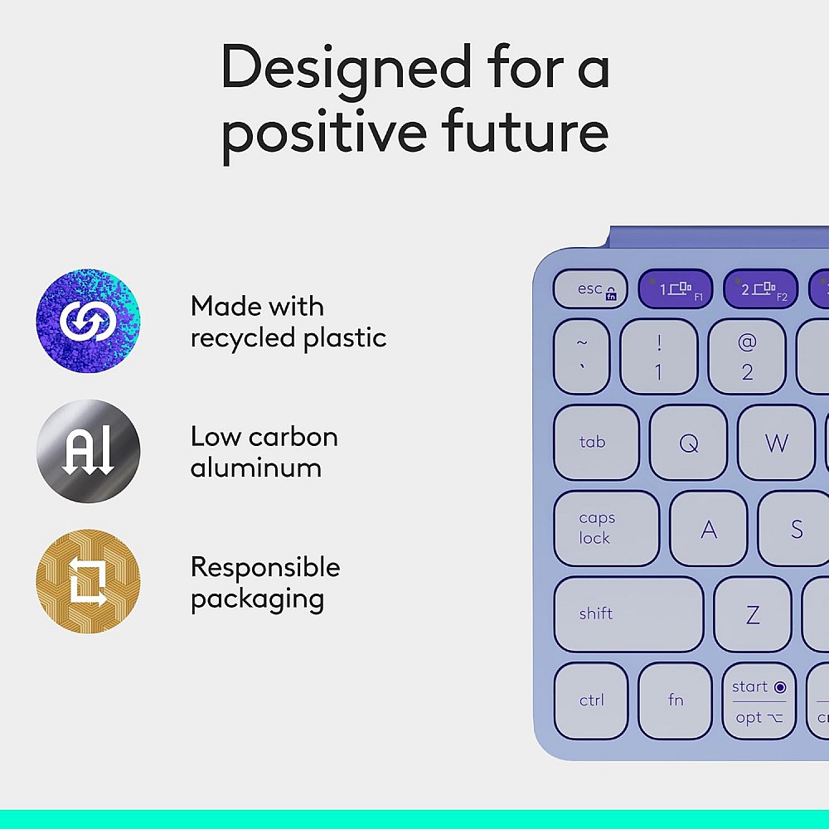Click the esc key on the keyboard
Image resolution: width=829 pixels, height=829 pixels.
pos(590,289)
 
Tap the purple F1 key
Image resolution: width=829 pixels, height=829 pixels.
pos(675,289)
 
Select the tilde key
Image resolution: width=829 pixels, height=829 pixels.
pos(582,356)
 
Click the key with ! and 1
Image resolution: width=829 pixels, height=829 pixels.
pos(659,356)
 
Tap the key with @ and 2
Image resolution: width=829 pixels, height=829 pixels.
pos(747,356)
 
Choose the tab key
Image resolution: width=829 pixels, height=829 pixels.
pos(596,443)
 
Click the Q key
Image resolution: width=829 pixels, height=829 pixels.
pos(688,443)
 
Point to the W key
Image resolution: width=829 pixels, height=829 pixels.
pos(776,443)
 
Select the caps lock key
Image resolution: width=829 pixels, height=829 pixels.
pos(606,529)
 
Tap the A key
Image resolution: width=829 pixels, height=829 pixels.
pos(709,529)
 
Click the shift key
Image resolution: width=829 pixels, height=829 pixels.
pos(628,614)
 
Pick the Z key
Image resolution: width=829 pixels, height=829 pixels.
pos(753,614)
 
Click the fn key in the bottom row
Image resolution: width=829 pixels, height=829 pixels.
pos(676,701)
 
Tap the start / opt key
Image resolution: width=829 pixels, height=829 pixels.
pos(759,701)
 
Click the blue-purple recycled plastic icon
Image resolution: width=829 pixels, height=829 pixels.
pos(88,321)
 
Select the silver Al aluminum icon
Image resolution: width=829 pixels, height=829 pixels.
pos(88,451)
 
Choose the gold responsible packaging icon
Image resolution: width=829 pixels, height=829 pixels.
pos(88,581)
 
